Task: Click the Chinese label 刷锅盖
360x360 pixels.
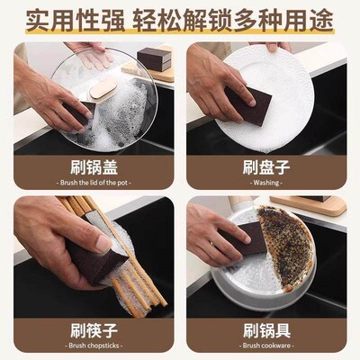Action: click(93, 166)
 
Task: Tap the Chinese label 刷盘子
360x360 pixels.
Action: click(266, 166)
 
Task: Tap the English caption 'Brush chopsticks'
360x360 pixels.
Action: click(93, 345)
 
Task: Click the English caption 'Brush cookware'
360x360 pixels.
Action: click(266, 345)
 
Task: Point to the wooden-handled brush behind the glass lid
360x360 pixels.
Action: click(106, 87)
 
